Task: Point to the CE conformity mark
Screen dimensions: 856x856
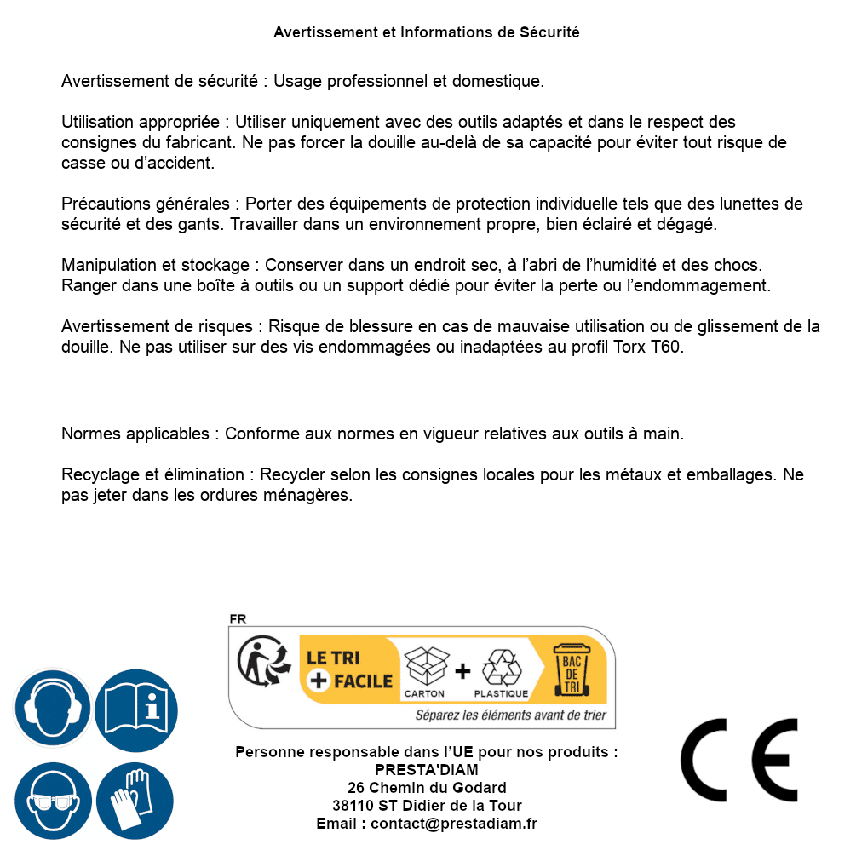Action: pos(739,760)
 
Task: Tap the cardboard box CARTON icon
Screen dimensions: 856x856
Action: pos(425,671)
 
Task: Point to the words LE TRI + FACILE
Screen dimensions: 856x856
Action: pos(349,669)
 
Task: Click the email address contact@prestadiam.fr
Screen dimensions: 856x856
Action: pos(454,824)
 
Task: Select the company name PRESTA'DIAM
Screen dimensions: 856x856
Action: pos(427,770)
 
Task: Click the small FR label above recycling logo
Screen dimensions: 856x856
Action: pos(238,619)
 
